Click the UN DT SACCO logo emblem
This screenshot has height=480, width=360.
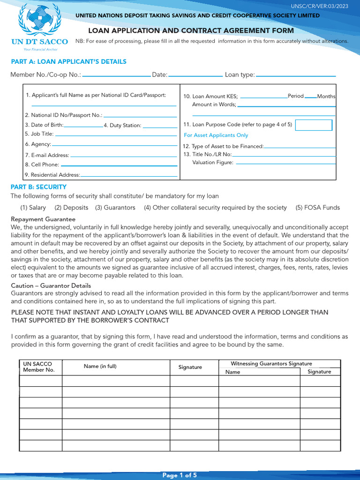point(39,21)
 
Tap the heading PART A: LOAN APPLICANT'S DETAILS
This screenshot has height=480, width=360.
point(68,61)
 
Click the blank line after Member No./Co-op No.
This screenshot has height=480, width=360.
point(116,75)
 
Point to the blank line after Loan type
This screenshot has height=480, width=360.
point(296,75)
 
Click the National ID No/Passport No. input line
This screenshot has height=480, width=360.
point(140,116)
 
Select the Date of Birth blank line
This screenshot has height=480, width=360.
point(83,127)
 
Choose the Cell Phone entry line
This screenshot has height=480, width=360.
point(119,165)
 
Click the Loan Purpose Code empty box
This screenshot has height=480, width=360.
point(314,125)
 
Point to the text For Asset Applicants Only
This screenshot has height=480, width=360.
point(216,135)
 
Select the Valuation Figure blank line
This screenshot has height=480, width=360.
point(285,164)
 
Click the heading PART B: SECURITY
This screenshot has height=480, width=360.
point(38,187)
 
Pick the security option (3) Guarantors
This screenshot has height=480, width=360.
point(115,208)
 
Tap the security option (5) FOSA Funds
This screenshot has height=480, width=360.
point(317,208)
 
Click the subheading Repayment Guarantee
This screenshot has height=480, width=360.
point(43,219)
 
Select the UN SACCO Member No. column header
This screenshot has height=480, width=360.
point(39,367)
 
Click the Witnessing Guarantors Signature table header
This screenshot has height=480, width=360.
point(271,364)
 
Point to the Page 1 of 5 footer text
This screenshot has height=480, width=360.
point(180,475)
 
